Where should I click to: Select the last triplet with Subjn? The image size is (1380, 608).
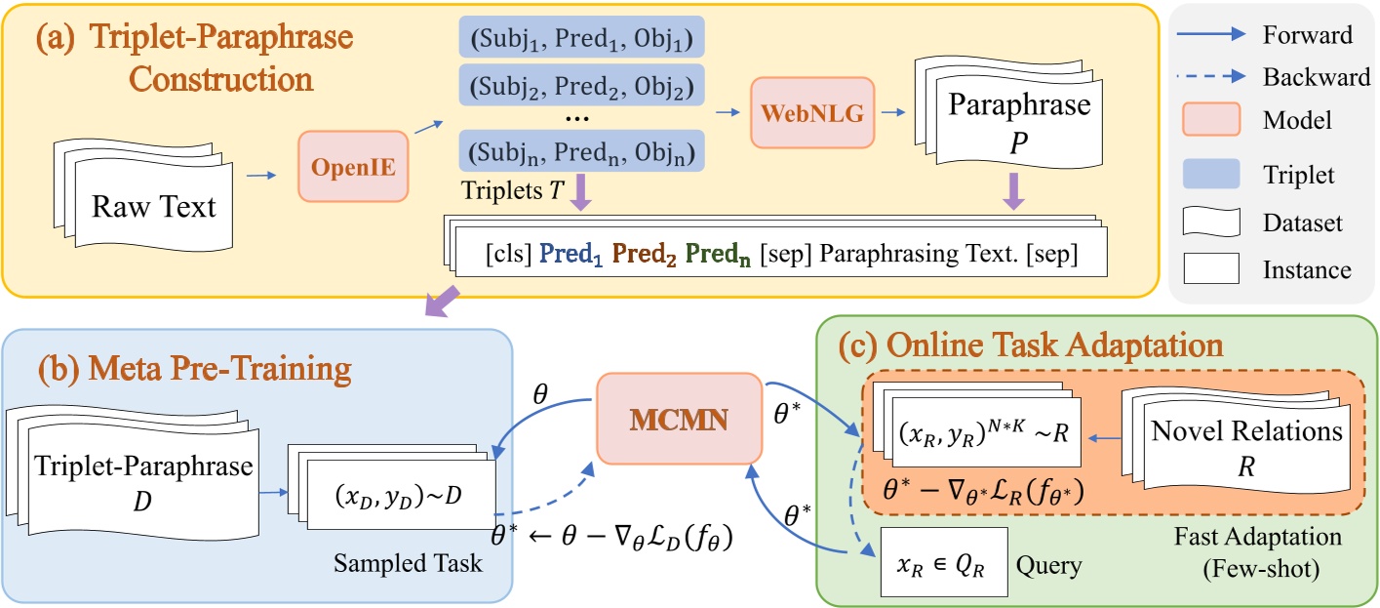[580, 152]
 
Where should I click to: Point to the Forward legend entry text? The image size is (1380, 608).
[1307, 35]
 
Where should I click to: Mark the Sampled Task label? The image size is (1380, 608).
[408, 564]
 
